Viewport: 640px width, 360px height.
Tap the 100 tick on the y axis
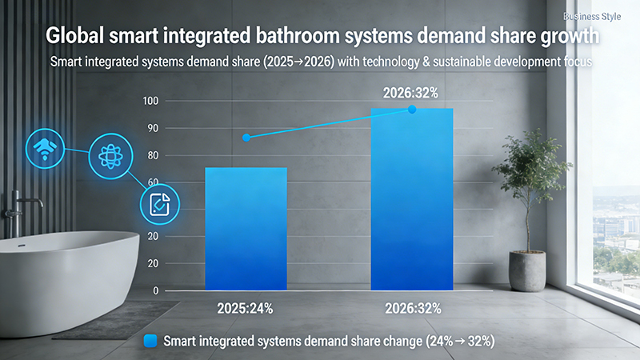(x=150, y=101)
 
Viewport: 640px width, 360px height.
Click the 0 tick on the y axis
(x=155, y=291)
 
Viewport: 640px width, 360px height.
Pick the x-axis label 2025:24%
(x=246, y=307)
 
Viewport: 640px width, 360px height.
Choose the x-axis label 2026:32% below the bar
(x=412, y=307)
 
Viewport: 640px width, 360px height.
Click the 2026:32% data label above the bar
(x=412, y=92)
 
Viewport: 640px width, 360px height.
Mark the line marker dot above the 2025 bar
(x=246, y=138)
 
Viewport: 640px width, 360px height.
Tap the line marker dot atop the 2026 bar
(x=412, y=109)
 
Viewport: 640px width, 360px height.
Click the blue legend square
(x=150, y=341)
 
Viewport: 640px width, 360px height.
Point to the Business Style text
(x=592, y=16)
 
